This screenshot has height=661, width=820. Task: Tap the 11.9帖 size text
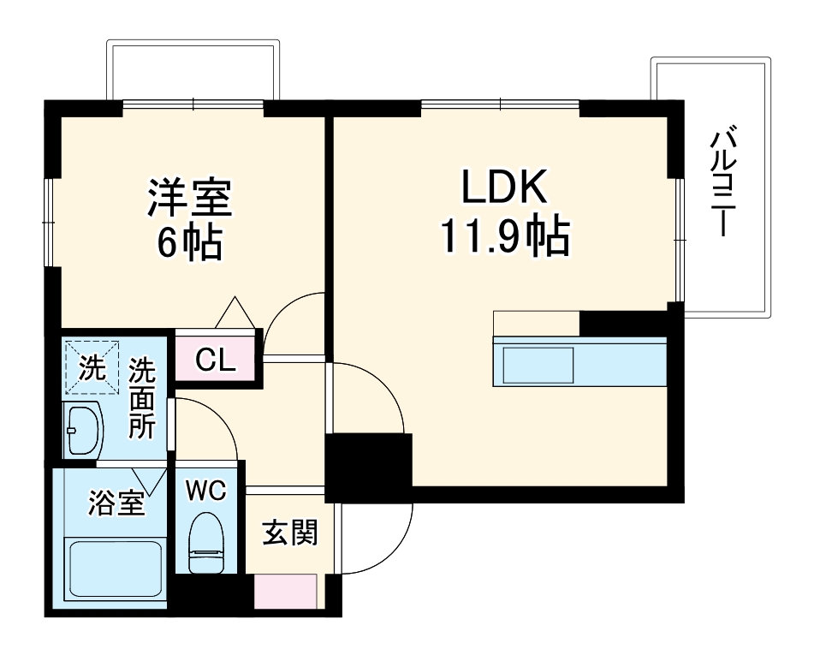coord(505,237)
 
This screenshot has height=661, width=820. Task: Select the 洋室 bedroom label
coord(189,199)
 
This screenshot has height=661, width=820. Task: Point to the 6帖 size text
coord(189,243)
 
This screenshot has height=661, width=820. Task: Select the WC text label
coord(206,492)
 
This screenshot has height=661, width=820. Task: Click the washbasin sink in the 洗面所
coord(84,427)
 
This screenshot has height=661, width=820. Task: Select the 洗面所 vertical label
coord(142,399)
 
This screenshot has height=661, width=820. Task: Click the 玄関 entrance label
coord(290,533)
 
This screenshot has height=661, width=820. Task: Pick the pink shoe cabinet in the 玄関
coord(286,591)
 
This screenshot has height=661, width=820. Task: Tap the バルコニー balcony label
coord(722,184)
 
